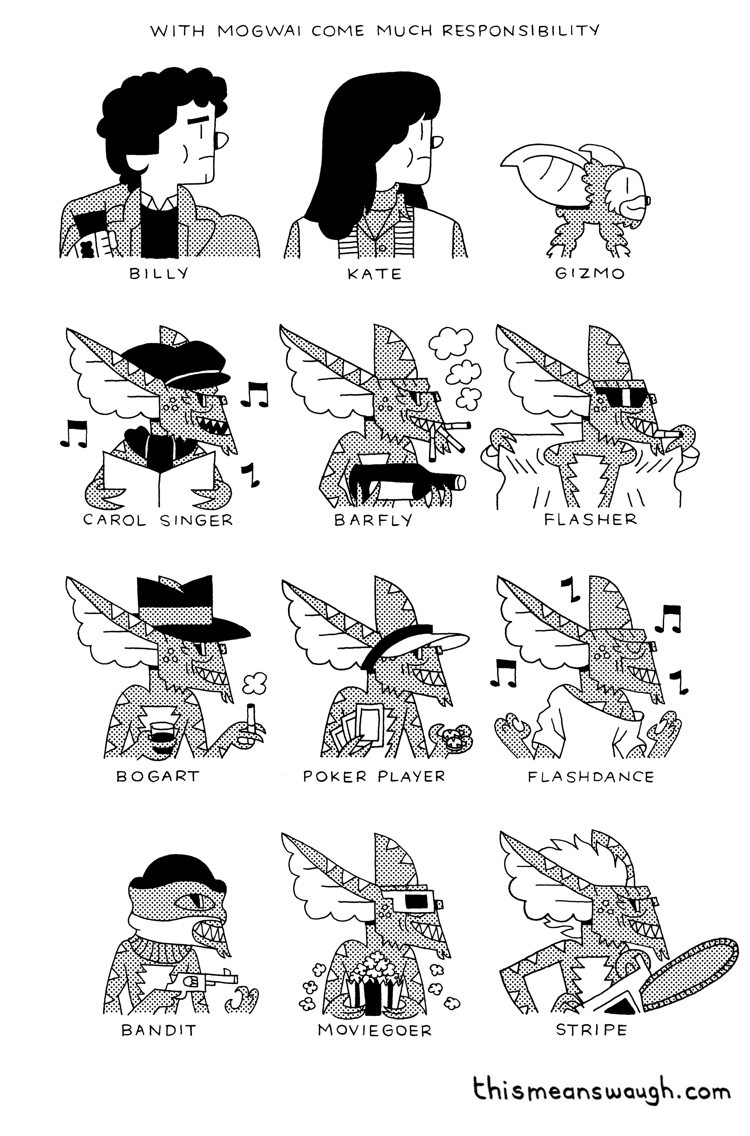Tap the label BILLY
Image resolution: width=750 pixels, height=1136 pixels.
coord(159,274)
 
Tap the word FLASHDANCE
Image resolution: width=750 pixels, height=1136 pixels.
coord(591,777)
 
